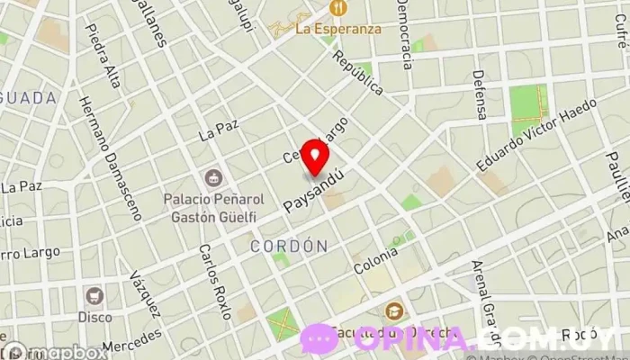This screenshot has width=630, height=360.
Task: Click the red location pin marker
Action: tap(315, 157)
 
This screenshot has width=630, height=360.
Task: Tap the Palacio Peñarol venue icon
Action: tap(213, 177)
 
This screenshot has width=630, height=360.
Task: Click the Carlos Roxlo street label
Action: tap(215, 282)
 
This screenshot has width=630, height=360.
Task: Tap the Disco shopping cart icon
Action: tap(94, 294)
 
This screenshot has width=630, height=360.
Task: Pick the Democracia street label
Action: tap(404, 35)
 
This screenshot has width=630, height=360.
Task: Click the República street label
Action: tap(357, 72)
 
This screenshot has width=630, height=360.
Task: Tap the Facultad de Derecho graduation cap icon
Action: tap(393, 313)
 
